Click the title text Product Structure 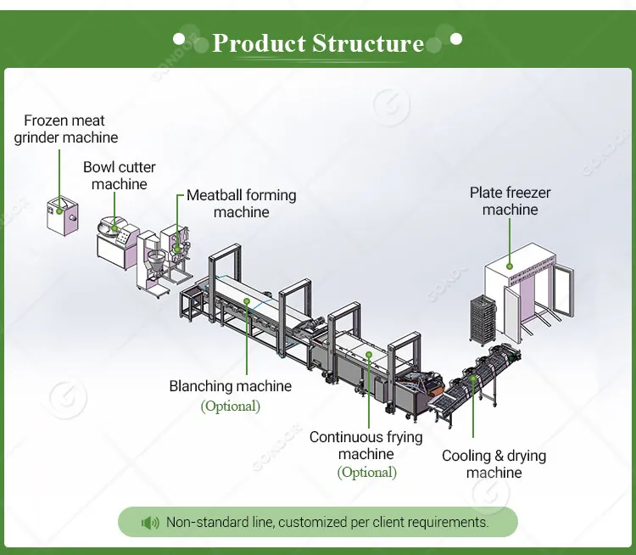tap(318, 43)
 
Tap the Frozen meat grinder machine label tap(65, 129)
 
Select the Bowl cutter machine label tap(120, 176)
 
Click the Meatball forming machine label tap(242, 204)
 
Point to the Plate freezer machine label tap(510, 201)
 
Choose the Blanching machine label tap(231, 386)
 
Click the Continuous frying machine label tap(366, 446)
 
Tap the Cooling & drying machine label tap(494, 464)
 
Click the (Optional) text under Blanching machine tap(231, 406)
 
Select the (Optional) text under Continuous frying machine tap(366, 473)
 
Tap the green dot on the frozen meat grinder tap(59, 205)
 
